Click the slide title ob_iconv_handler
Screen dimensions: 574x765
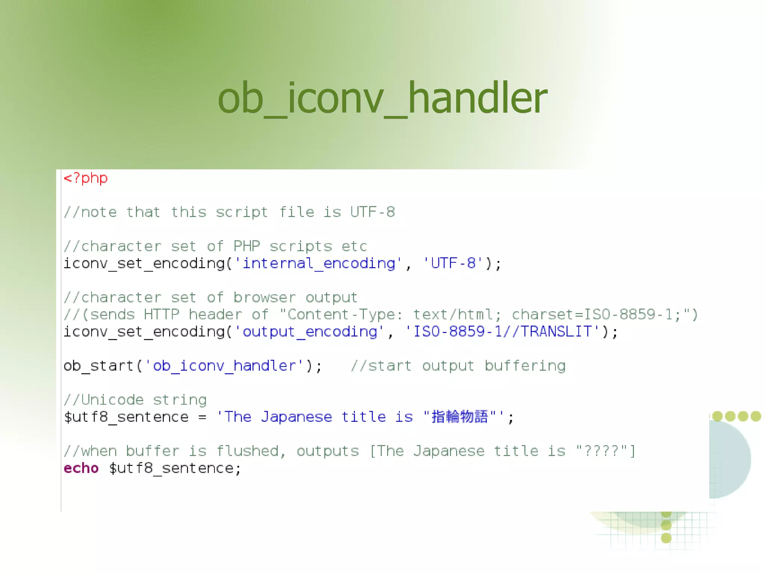382,98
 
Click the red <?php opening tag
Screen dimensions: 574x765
86,178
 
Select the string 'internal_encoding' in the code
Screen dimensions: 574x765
318,263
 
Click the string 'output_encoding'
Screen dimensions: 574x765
309,332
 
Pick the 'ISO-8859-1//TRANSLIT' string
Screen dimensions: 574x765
502,332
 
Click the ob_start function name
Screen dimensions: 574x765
99,366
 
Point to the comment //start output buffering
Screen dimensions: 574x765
458,366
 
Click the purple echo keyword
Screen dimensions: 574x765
81,468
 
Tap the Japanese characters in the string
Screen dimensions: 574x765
459,417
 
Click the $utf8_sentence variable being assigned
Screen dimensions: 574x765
126,417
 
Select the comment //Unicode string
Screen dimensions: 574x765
135,400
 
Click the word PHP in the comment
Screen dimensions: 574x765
247,246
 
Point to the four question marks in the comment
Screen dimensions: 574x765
601,451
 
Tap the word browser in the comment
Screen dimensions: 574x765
264,298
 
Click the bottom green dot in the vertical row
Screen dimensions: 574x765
666,538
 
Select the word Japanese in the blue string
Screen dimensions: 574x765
296,417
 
